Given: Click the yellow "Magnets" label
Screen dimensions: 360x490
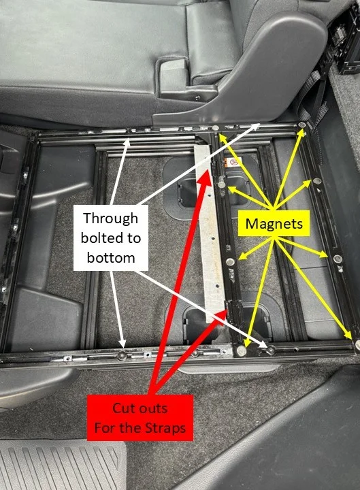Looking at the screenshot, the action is (x=274, y=223).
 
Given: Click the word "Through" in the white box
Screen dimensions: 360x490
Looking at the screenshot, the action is (x=111, y=218).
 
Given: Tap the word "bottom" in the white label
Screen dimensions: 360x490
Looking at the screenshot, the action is (x=111, y=258).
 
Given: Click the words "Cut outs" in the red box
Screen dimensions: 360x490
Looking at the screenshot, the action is (x=140, y=408).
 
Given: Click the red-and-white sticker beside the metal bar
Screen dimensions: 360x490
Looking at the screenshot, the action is (x=233, y=162).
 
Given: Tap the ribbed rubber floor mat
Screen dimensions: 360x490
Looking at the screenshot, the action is (x=61, y=465).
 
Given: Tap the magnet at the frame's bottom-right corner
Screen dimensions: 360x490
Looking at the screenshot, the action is (x=357, y=344).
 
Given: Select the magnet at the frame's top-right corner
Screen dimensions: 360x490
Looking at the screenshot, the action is (x=302, y=125).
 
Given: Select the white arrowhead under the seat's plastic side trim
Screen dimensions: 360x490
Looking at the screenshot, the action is (x=255, y=126).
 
